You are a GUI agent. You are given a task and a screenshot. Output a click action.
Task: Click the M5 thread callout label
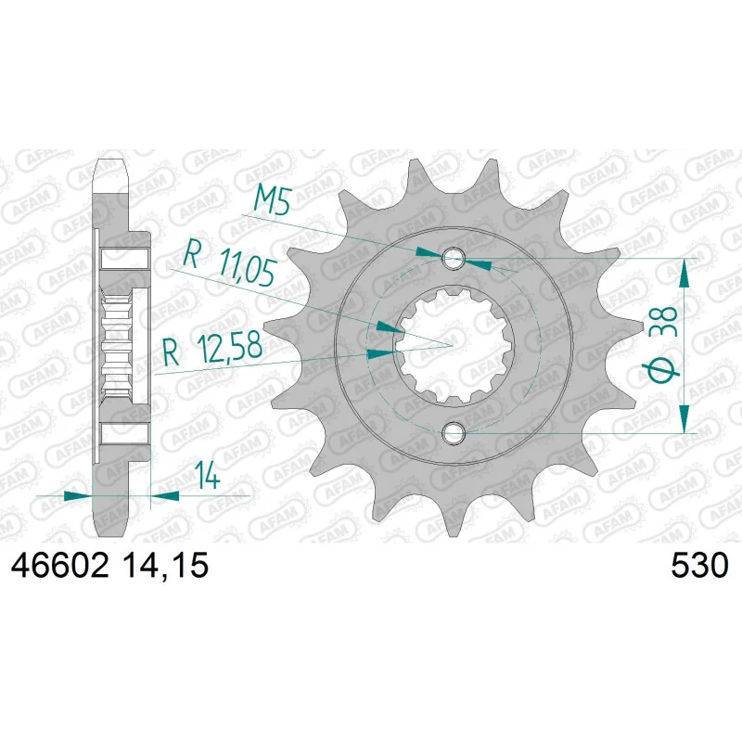[x=273, y=200]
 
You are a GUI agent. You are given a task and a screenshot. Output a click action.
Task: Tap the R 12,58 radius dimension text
[x=211, y=348]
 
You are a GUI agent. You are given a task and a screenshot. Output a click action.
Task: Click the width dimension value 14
[x=208, y=475]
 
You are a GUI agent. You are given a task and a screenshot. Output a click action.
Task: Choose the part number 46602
[x=60, y=565]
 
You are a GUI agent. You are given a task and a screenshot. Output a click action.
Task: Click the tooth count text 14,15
[x=165, y=565]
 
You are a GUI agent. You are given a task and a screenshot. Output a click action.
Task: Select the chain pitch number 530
[x=699, y=565]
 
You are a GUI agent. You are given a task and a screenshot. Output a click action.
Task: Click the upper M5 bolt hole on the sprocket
[x=454, y=259]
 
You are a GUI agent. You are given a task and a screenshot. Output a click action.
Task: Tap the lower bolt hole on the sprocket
[x=454, y=432]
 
